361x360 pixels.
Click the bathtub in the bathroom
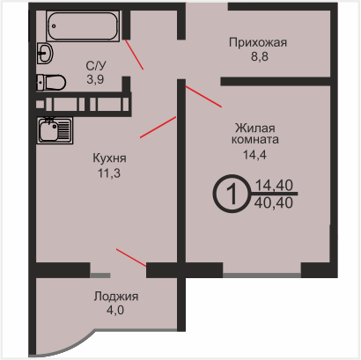point(83,26)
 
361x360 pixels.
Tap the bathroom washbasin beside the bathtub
point(45,53)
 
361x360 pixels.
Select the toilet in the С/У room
point(51,83)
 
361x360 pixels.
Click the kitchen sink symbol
point(55,130)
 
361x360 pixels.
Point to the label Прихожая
point(258,43)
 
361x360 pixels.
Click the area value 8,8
point(260,56)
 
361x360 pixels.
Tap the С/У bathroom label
point(96,66)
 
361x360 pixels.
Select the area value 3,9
point(95,79)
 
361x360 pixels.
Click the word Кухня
point(109,158)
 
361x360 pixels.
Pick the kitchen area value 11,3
point(109,173)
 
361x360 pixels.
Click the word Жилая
point(255,129)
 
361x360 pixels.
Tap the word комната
point(255,139)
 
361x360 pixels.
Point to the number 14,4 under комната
point(254,155)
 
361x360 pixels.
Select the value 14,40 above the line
point(274,186)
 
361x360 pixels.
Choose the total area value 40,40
point(274,202)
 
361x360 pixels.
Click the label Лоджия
point(116,297)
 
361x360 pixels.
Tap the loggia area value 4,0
point(115,310)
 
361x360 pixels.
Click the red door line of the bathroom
point(135,55)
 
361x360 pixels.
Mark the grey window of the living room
point(262,276)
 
